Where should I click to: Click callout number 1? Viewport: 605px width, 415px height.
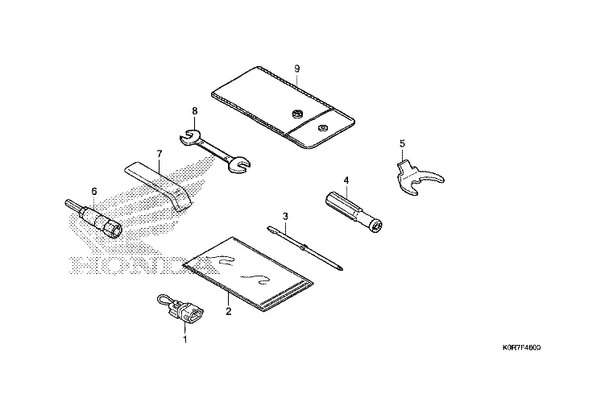pyautogui.click(x=184, y=339)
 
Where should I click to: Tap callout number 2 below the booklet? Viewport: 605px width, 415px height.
pyautogui.click(x=229, y=311)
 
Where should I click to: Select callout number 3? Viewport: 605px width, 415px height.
pyautogui.click(x=285, y=216)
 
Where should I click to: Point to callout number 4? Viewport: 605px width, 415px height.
pyautogui.click(x=346, y=180)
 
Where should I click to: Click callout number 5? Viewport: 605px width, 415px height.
pyautogui.click(x=402, y=144)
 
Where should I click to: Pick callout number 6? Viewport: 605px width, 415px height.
pyautogui.click(x=93, y=191)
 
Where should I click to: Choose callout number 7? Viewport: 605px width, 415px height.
pyautogui.click(x=160, y=153)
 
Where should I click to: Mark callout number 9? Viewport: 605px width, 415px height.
pyautogui.click(x=297, y=67)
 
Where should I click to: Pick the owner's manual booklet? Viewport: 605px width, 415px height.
pyautogui.click(x=248, y=272)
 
